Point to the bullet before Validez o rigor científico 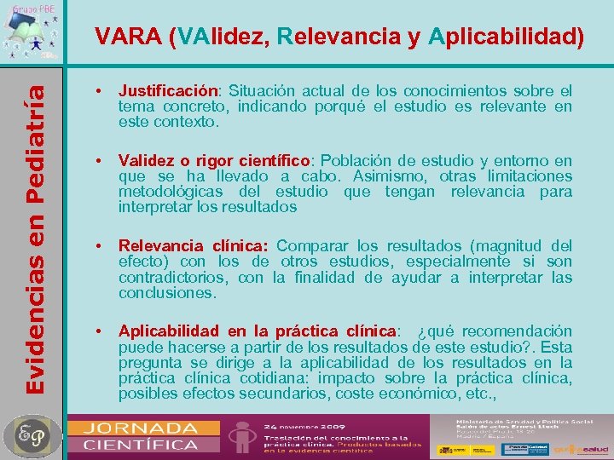100,160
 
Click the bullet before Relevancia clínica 100,246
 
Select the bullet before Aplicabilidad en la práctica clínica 100,331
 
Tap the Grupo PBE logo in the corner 33,30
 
